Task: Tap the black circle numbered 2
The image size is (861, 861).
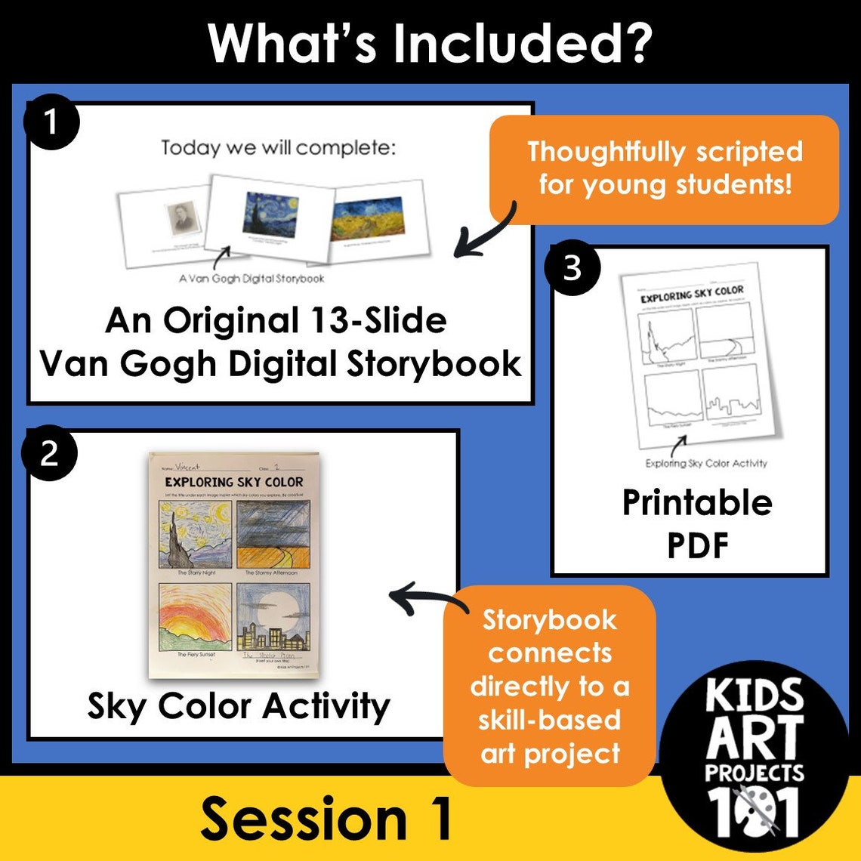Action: point(49,454)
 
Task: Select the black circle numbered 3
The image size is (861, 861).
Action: point(572,268)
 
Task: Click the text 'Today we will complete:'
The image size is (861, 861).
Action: point(278,147)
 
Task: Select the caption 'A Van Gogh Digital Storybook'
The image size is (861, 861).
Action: point(252,279)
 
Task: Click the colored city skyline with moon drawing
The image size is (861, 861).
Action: point(273,616)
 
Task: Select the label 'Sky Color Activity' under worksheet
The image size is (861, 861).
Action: point(239,707)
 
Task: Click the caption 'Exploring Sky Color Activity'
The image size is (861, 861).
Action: point(705,464)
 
